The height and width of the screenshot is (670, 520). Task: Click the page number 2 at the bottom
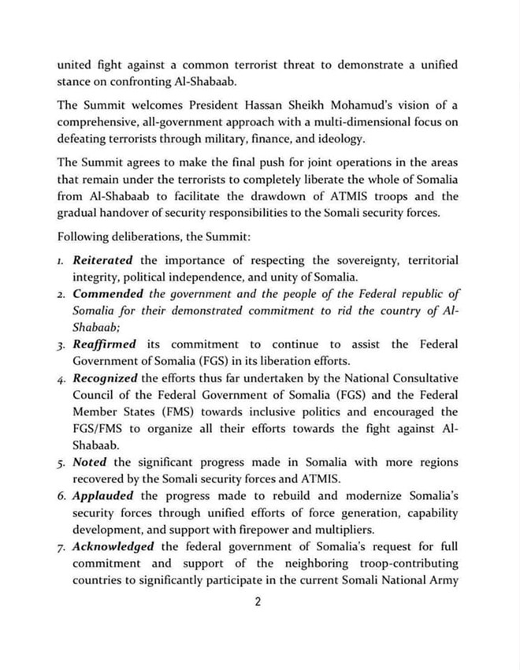point(258,603)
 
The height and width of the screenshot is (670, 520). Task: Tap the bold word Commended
point(108,293)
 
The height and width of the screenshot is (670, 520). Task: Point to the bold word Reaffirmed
point(105,344)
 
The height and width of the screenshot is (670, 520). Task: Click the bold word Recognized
point(106,378)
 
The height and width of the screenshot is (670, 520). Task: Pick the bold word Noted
point(90,463)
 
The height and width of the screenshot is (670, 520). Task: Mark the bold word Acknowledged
point(113,546)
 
